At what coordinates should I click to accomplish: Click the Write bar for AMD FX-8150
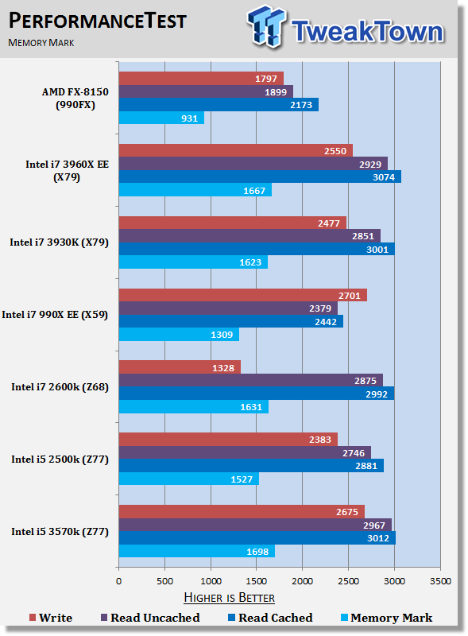coord(201,78)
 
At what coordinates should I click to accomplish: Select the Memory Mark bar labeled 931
coord(161,118)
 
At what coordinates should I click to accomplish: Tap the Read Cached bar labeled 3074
coord(260,176)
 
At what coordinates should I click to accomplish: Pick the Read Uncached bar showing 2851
coord(249,236)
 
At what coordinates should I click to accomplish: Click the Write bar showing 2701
coord(243,295)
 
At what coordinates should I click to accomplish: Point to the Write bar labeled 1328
coord(180,367)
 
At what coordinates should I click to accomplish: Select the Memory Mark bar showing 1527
coord(189,479)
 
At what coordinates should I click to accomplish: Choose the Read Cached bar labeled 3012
coord(257,538)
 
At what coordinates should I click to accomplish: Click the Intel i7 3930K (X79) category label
coord(60,242)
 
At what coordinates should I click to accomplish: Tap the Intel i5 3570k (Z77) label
coord(60,531)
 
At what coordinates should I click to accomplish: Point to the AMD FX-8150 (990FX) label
coord(75,98)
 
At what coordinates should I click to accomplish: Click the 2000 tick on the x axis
coord(303,581)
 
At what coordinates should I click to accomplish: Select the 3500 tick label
coord(440,581)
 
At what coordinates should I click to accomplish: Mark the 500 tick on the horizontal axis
coord(164,581)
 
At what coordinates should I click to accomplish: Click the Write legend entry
coord(51,618)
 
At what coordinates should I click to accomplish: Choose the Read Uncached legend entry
coord(150,618)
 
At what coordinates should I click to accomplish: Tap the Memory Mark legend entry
coord(386,618)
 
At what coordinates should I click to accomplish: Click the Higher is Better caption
coord(229,598)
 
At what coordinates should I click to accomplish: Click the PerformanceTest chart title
coord(97,21)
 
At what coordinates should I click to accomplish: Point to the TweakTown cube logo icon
coord(266,26)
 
